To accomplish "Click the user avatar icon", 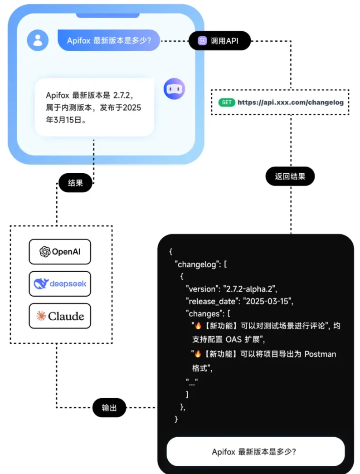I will (x=38, y=40).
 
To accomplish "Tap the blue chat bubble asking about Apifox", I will (x=110, y=40).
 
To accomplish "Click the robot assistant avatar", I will (x=175, y=88).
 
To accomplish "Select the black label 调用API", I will (x=219, y=41).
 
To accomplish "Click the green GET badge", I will (x=227, y=103).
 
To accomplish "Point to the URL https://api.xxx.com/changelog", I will (x=291, y=103).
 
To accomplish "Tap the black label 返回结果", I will (x=290, y=176).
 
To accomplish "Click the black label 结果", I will (x=75, y=183).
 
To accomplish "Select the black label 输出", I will (x=109, y=407).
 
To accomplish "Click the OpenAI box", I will (x=60, y=252).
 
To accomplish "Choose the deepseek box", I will (x=60, y=284).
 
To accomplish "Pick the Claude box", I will (x=60, y=316).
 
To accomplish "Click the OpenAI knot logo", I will (x=45, y=252).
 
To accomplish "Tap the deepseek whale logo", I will (x=41, y=284).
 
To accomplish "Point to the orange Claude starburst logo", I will (x=41, y=316).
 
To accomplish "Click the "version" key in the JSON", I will (x=202, y=288).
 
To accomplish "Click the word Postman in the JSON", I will (x=320, y=354).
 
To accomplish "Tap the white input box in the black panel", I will (x=256, y=452).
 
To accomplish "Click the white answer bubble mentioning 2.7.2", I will (x=94, y=108).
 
